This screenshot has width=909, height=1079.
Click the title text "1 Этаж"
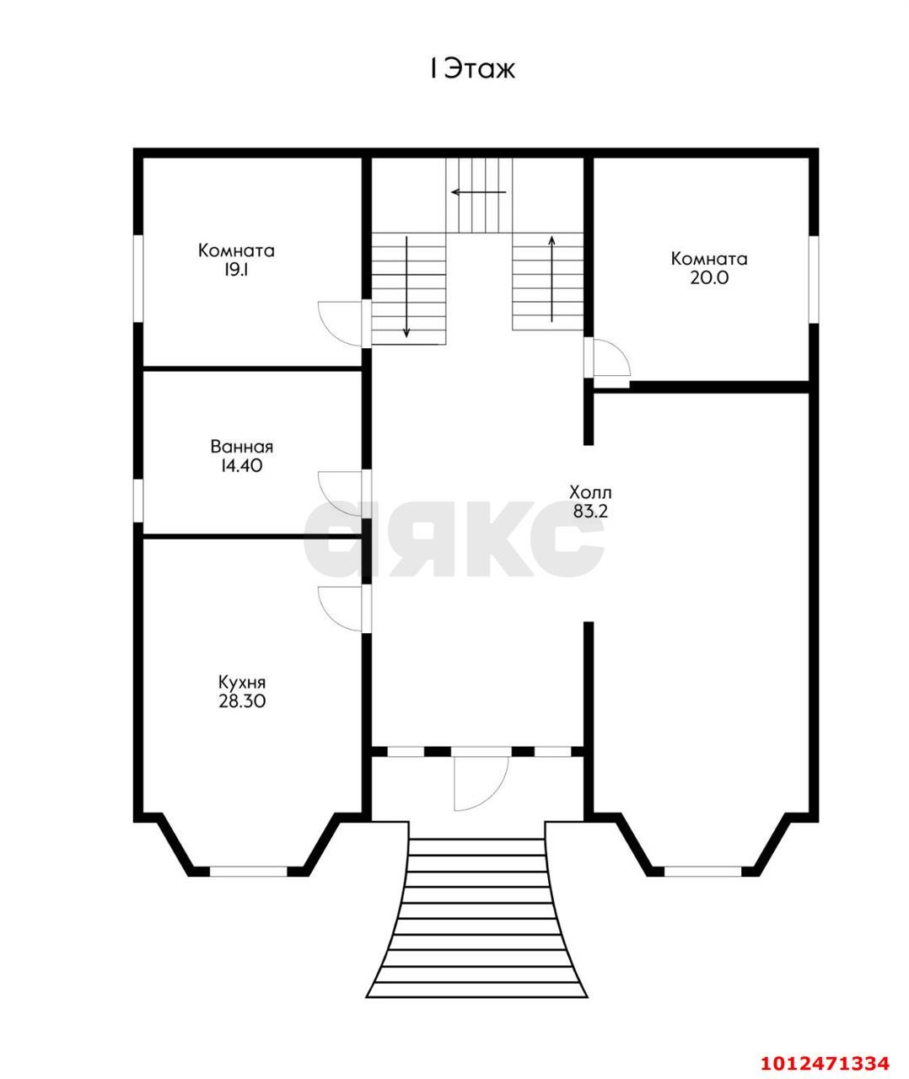pos(472,69)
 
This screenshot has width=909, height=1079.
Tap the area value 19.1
pos(236,271)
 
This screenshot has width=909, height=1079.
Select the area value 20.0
pos(709,278)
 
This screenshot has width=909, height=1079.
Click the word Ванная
pos(241,446)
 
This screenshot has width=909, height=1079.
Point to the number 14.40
pos(241,465)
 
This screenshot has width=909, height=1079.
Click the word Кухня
pos(241,683)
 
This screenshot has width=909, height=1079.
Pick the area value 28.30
pos(241,701)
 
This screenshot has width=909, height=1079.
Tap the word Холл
pos(590,492)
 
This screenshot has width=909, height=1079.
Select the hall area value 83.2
pos(590,511)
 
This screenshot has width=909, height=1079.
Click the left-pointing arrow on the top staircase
pos(478,192)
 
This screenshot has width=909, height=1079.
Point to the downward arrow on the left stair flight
pos(406,287)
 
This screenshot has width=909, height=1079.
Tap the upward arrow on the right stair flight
pos(551,278)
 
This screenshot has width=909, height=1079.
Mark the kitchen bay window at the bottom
pos(248,872)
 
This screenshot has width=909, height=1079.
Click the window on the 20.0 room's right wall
pos(814,280)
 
